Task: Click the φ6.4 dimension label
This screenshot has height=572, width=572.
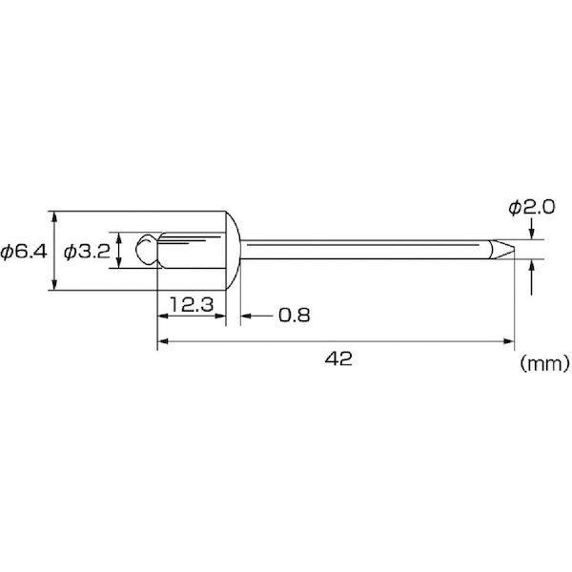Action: pyautogui.click(x=24, y=252)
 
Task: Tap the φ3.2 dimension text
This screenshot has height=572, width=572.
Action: pyautogui.click(x=87, y=252)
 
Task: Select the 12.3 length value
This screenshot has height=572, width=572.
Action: pyautogui.click(x=192, y=305)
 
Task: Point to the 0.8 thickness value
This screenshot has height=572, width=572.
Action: pyautogui.click(x=294, y=316)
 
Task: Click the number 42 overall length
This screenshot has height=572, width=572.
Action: pyautogui.click(x=338, y=359)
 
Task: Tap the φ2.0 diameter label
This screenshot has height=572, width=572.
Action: pyautogui.click(x=532, y=208)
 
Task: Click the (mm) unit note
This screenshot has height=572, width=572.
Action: pyautogui.click(x=544, y=363)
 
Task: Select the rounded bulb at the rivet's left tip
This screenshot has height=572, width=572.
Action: pyautogui.click(x=147, y=250)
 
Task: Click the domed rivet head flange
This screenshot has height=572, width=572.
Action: pyautogui.click(x=234, y=251)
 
